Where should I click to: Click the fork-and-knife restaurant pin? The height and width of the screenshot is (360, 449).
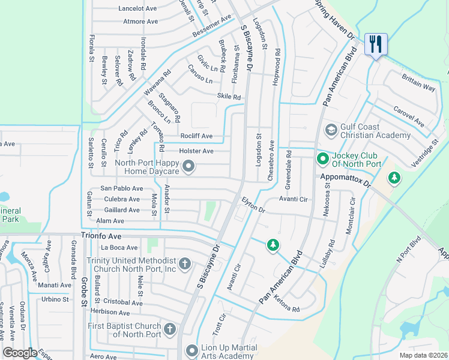[x=376, y=44]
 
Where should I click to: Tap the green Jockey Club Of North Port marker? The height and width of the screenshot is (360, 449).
[x=322, y=159]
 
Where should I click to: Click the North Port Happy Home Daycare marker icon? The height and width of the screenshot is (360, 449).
[x=188, y=166]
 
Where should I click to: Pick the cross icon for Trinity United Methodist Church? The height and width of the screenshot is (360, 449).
[x=185, y=264]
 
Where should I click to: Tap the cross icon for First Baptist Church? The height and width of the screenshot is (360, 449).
[x=170, y=329]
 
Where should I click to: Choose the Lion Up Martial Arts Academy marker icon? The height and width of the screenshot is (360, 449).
[x=191, y=350]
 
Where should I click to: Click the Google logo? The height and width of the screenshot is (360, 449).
[x=20, y=353]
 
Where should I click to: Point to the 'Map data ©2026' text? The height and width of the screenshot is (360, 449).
[x=423, y=355]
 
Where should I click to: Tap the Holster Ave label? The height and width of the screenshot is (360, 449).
[x=196, y=151]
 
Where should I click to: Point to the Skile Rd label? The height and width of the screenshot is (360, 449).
[x=229, y=97]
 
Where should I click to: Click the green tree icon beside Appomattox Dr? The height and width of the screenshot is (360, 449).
[x=394, y=178]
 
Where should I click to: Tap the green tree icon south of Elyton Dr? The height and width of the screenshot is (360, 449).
[x=273, y=245]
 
